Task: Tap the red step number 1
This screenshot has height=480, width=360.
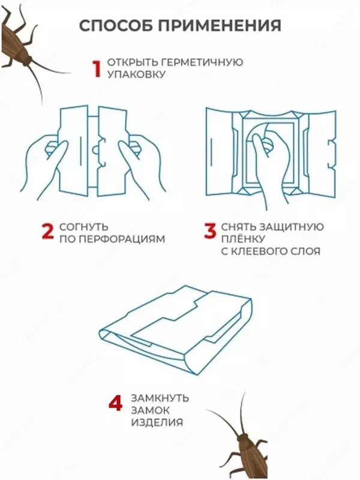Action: click(97, 68)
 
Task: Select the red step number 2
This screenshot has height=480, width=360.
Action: click(47, 231)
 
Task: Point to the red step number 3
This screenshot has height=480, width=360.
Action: click(210, 231)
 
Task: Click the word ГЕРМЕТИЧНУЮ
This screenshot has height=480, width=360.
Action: click(202, 62)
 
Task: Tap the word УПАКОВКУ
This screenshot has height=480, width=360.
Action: click(136, 74)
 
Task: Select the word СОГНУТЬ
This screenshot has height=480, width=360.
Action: click(84, 227)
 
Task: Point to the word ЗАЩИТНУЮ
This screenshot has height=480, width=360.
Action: click(292, 227)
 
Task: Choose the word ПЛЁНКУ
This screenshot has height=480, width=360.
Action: click(243, 239)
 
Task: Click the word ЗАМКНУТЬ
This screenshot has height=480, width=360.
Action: click(160, 398)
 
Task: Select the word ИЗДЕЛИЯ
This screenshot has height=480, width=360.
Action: click(157, 422)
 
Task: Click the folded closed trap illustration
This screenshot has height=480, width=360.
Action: click(176, 331)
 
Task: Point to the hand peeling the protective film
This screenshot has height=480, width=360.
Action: click(269, 162)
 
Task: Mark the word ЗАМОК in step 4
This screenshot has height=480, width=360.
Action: click(151, 410)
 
